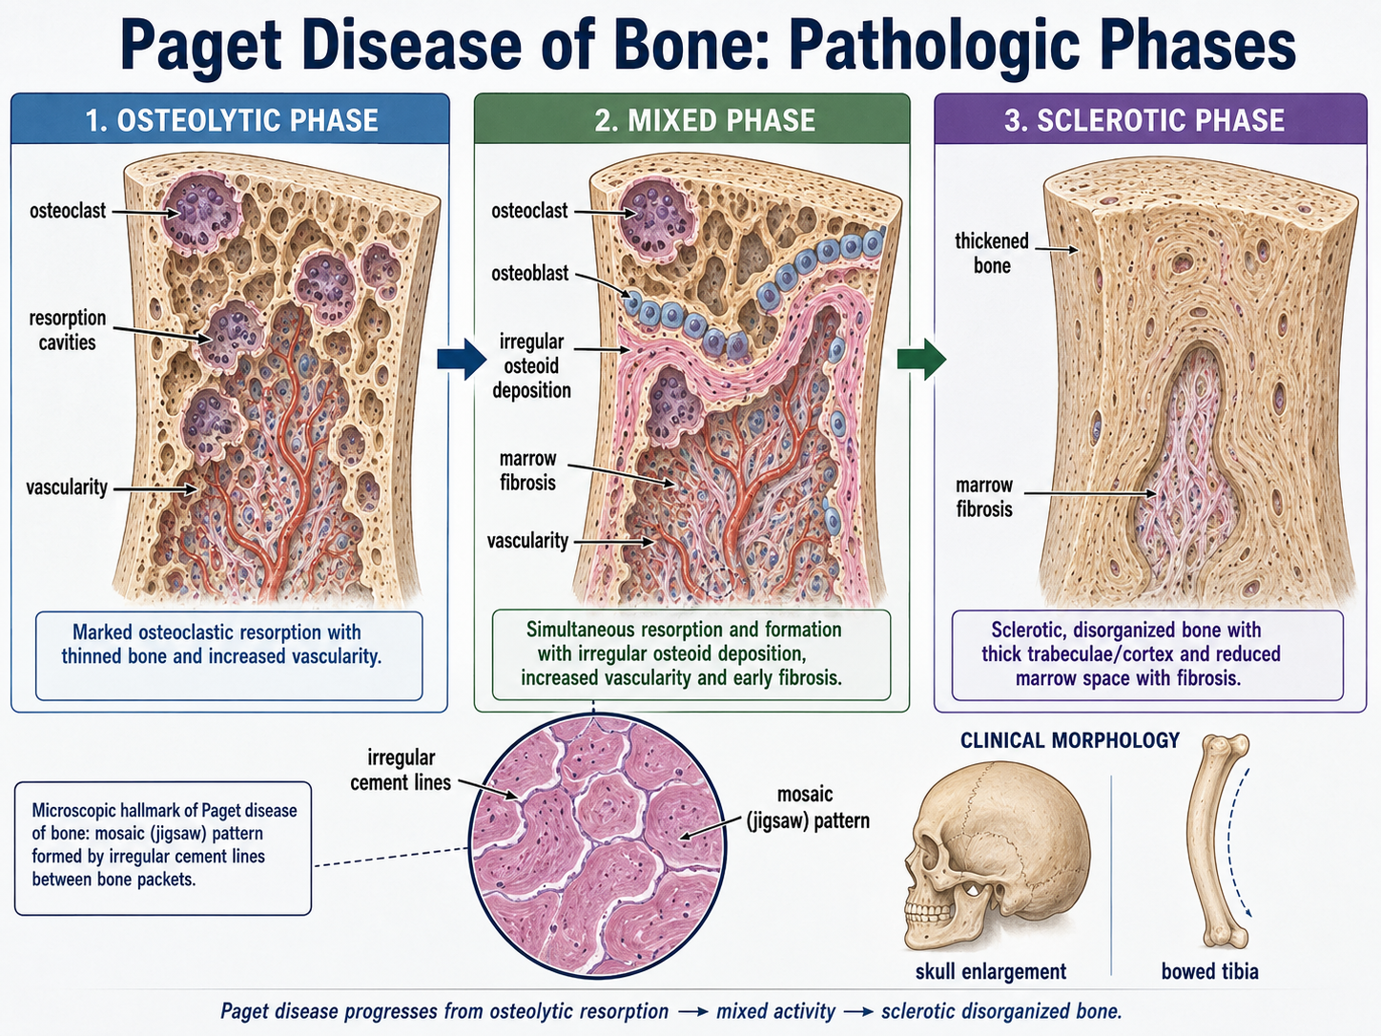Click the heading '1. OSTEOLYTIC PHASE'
pyautogui.click(x=232, y=120)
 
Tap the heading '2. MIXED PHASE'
pyautogui.click(x=705, y=120)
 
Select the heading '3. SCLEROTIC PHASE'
pyautogui.click(x=1144, y=120)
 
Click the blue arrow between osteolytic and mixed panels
pyautogui.click(x=462, y=360)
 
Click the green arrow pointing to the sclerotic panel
pyautogui.click(x=921, y=360)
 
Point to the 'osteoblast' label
pyautogui.click(x=529, y=273)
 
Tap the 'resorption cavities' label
pyautogui.click(x=68, y=330)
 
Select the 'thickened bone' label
pyautogui.click(x=992, y=253)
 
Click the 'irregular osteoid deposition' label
pyautogui.click(x=531, y=366)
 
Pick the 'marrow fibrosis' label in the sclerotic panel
pyautogui.click(x=984, y=497)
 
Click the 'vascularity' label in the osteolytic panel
pyautogui.click(x=67, y=487)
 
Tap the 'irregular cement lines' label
pyautogui.click(x=401, y=770)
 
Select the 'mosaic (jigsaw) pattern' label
pyautogui.click(x=808, y=808)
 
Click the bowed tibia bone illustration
pyautogui.click(x=1206, y=843)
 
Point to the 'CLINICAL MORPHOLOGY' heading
pyautogui.click(x=1069, y=740)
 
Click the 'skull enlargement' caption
pyautogui.click(x=991, y=972)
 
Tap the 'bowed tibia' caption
pyautogui.click(x=1210, y=972)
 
